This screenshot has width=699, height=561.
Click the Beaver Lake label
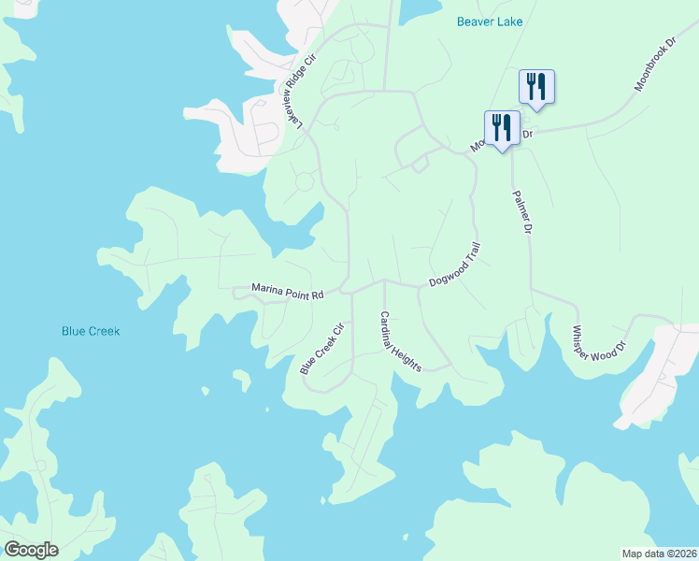pos(490,22)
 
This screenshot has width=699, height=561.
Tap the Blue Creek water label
pos(91,331)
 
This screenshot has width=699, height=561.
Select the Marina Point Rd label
pos(287,291)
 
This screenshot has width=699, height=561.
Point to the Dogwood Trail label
pos(454,265)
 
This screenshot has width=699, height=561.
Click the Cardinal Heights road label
pos(399,340)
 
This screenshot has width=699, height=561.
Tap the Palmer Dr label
pos(521,212)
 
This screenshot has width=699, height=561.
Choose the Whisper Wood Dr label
pos(598,349)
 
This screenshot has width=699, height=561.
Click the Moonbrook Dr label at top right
pos(653,65)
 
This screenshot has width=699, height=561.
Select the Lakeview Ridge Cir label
pos(295,91)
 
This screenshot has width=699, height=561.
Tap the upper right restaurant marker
pos(536,86)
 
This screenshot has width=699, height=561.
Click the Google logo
pos(30,550)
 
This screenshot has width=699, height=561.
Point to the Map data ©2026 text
pos(658,553)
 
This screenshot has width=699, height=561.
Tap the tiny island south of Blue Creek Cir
pos(241,381)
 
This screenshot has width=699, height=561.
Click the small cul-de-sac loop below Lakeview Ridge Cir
pos(304,181)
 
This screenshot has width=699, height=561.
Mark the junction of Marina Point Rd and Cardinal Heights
pos(383,280)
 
